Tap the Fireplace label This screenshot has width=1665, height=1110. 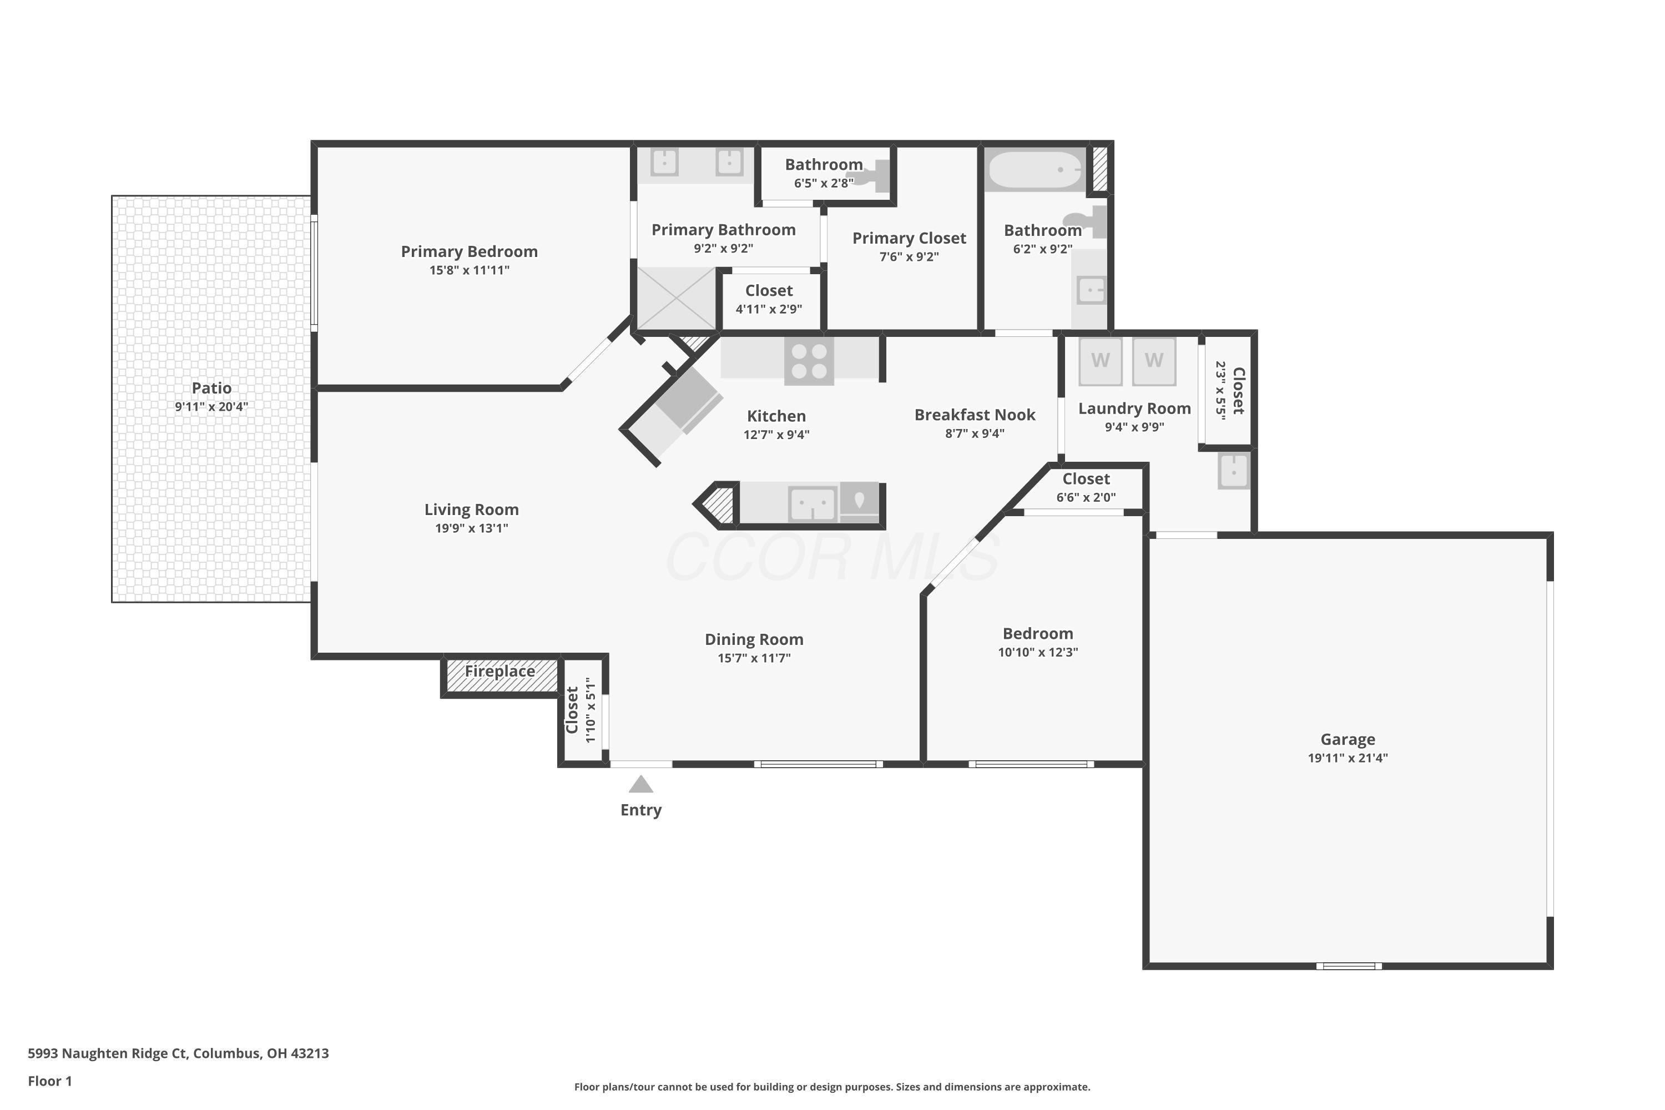(500, 671)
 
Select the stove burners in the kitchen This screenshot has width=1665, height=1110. (809, 361)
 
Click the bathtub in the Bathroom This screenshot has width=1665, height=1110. (1035, 170)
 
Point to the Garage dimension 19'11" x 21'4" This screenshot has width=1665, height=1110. (1348, 758)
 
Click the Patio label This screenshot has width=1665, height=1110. (211, 388)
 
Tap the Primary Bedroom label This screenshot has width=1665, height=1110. (470, 251)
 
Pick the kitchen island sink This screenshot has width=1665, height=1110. (813, 504)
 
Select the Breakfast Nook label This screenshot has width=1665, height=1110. (975, 415)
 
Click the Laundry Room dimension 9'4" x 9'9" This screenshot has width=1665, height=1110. (1134, 427)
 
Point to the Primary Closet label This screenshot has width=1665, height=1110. (909, 239)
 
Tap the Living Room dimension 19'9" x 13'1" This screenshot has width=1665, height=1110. (471, 528)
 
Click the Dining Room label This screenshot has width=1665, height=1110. (754, 639)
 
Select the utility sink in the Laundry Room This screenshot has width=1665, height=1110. (1234, 470)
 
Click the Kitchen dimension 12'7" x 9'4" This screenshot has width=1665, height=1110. (776, 435)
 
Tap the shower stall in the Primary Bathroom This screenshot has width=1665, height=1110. (677, 298)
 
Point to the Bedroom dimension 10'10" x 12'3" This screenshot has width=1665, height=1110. (1038, 652)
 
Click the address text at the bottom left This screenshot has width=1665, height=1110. (178, 1053)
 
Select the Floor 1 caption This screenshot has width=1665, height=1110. (49, 1081)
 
